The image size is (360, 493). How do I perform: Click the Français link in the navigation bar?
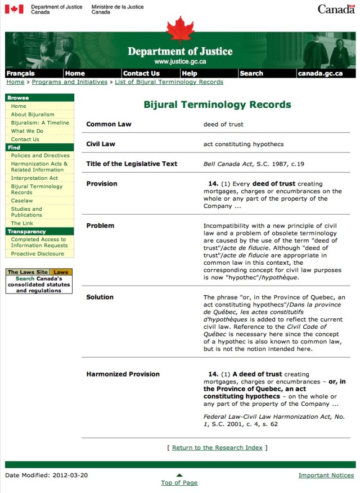(20, 73)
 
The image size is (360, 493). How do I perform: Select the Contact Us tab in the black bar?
(141, 73)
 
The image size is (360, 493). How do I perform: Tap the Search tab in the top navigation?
(251, 73)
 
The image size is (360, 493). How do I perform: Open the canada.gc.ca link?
(320, 73)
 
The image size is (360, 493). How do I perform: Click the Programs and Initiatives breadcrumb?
(69, 82)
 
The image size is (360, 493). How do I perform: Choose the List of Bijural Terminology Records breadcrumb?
(169, 82)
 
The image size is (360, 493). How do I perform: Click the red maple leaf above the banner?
(179, 29)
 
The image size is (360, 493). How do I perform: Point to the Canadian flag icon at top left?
(14, 9)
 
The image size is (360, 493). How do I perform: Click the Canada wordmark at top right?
(336, 9)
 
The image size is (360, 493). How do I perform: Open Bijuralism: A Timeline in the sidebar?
(40, 123)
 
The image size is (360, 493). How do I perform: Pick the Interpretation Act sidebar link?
(34, 178)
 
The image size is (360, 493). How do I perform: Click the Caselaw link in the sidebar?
(22, 201)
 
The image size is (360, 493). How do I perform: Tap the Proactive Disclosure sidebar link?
(38, 254)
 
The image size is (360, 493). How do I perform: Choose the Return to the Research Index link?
(217, 447)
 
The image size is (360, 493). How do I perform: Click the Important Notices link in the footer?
(326, 476)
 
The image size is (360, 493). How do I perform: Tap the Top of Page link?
(179, 482)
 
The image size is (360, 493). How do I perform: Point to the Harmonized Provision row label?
(123, 374)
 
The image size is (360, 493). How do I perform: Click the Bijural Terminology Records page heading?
(217, 105)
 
